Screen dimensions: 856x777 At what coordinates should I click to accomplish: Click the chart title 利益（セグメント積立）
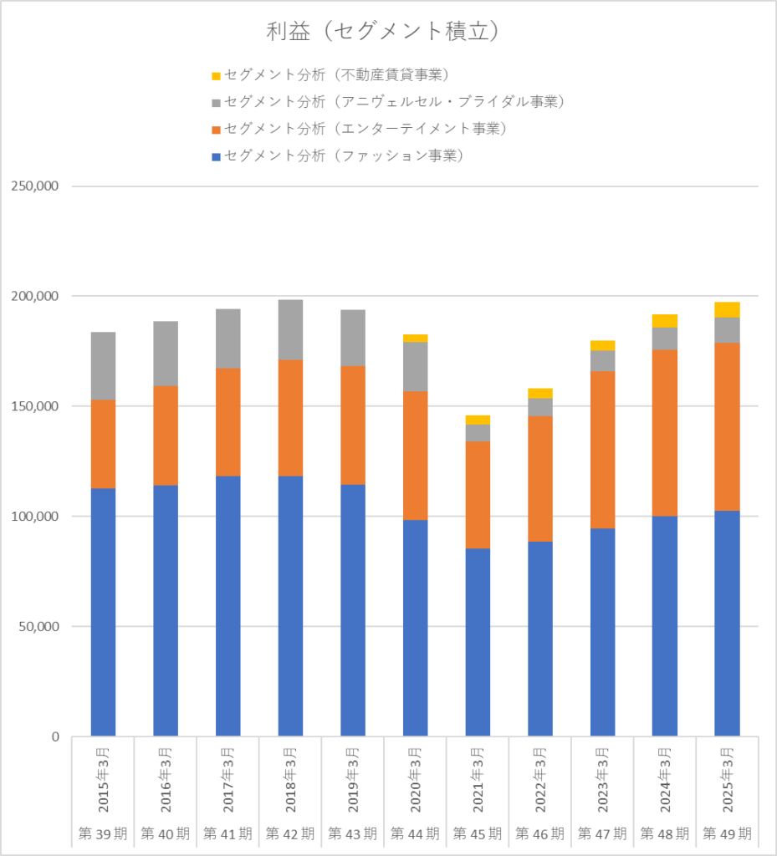(x=383, y=31)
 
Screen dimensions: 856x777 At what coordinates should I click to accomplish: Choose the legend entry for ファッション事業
(x=344, y=155)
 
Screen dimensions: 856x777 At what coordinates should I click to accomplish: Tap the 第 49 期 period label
(x=727, y=833)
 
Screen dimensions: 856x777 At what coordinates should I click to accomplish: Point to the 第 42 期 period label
(x=290, y=833)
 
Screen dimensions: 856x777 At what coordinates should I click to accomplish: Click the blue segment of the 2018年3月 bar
(x=290, y=606)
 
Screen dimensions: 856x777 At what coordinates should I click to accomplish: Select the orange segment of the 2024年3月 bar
(x=665, y=433)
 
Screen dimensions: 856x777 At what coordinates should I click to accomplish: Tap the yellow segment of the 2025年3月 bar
(x=727, y=309)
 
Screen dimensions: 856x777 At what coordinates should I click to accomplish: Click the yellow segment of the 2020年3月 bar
(x=416, y=338)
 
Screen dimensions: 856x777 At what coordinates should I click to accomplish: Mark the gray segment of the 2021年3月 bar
(x=478, y=432)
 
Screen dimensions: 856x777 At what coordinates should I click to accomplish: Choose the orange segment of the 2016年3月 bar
(x=166, y=436)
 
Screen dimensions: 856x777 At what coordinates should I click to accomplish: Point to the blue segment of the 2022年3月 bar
(x=540, y=639)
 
